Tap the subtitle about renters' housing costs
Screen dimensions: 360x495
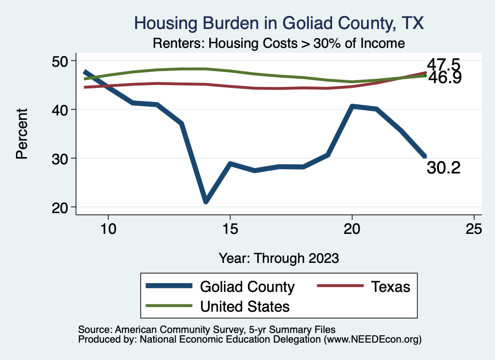(x=278, y=43)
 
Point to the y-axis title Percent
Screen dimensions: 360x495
(x=21, y=134)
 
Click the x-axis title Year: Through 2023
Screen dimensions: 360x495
(x=278, y=258)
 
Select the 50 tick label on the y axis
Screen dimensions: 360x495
(x=61, y=61)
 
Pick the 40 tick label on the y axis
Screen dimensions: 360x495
(x=61, y=110)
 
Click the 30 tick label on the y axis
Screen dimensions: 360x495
(x=61, y=158)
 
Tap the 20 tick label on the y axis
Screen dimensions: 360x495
(x=61, y=207)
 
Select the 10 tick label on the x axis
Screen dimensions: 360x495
(x=108, y=229)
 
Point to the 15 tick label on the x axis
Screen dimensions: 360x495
(x=230, y=229)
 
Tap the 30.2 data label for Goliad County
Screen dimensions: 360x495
(x=443, y=168)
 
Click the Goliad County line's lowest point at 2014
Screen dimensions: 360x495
(x=206, y=201)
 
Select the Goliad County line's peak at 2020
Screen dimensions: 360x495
(x=352, y=106)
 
